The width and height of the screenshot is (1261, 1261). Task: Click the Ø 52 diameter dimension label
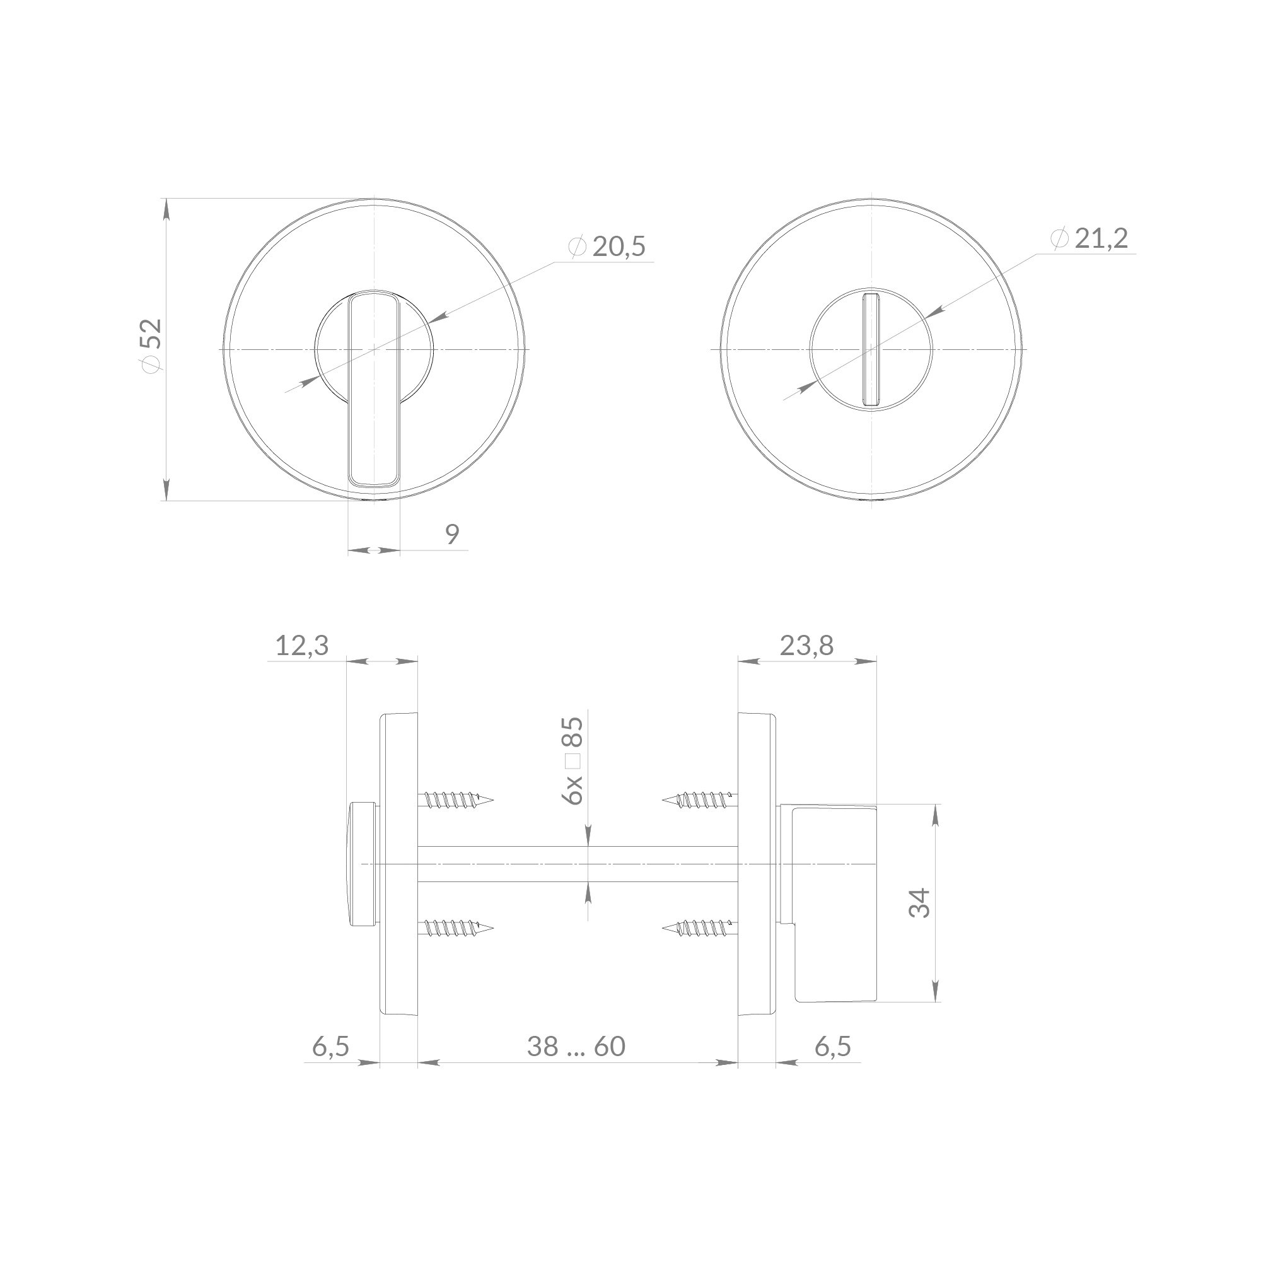pyautogui.click(x=152, y=346)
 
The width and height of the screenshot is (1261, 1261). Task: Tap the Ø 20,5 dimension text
pyautogui.click(x=607, y=247)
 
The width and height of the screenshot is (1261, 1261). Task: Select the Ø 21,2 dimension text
pyautogui.click(x=1090, y=238)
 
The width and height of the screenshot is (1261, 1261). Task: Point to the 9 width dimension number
pyautogui.click(x=452, y=534)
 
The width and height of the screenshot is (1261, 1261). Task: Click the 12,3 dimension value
pyautogui.click(x=301, y=646)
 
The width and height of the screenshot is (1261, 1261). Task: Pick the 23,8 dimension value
pyautogui.click(x=807, y=646)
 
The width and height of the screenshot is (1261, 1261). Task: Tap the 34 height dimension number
pyautogui.click(x=920, y=903)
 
